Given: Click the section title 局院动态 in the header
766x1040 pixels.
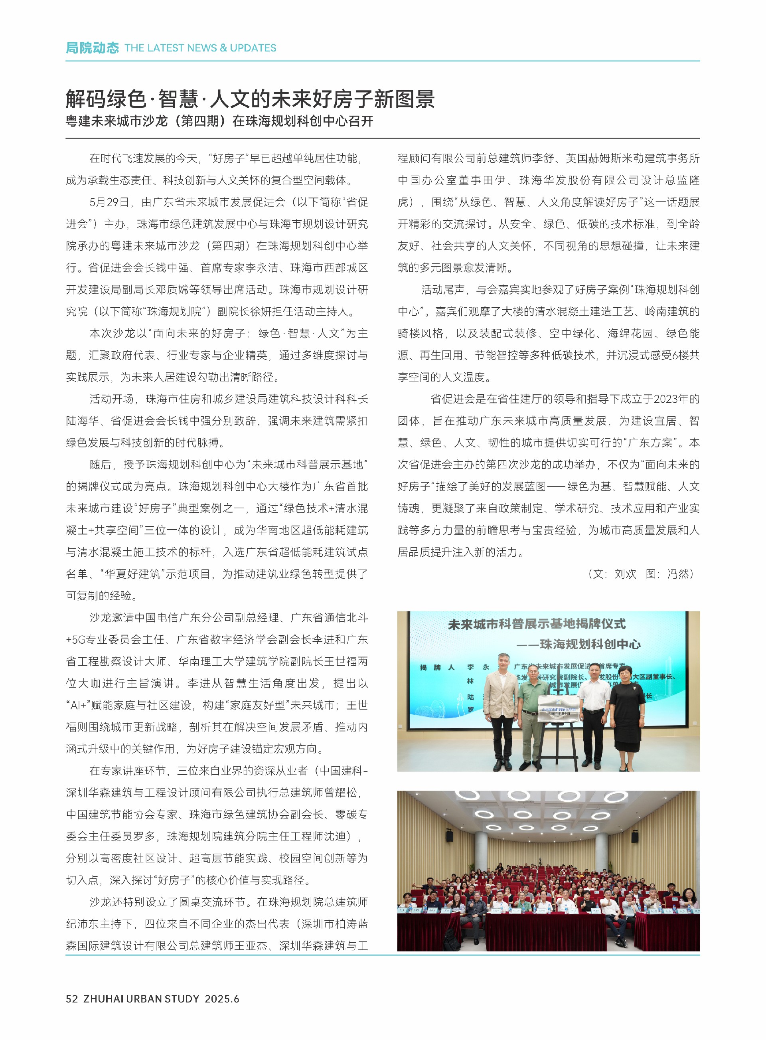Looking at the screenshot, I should tap(92, 48).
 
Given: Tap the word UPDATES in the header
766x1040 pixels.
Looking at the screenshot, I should tap(253, 48).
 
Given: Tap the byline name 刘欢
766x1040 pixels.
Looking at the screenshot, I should tap(625, 574).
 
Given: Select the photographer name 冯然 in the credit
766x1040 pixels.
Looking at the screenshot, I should tap(678, 574).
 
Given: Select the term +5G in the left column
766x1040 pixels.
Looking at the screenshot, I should tap(75, 640).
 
